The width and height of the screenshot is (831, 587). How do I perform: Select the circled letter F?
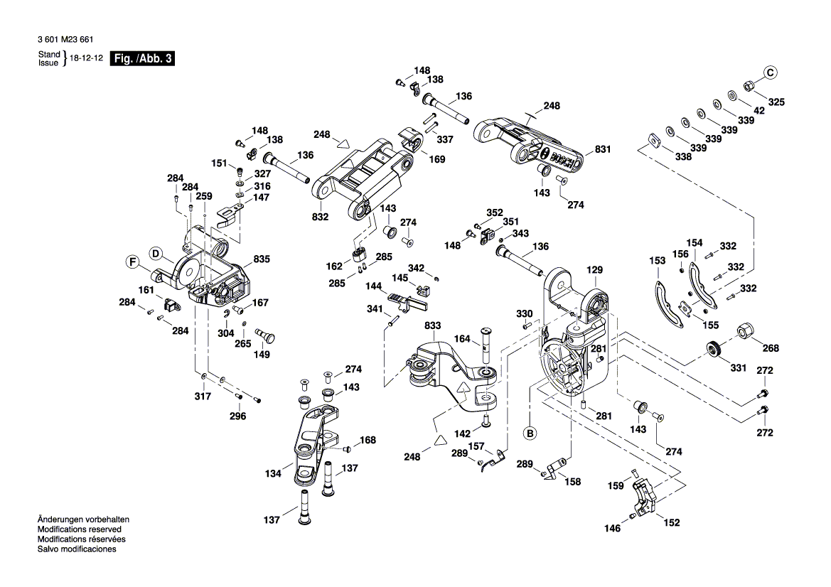click(x=132, y=263)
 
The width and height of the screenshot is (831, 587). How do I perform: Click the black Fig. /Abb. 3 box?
click(x=141, y=59)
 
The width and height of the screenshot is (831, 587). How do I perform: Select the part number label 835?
click(x=262, y=261)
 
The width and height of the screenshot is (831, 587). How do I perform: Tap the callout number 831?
click(x=603, y=150)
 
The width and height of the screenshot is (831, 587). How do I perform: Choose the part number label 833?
click(x=433, y=325)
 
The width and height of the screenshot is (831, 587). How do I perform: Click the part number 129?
click(x=594, y=270)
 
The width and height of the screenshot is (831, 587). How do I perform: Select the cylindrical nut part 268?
click(x=746, y=331)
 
